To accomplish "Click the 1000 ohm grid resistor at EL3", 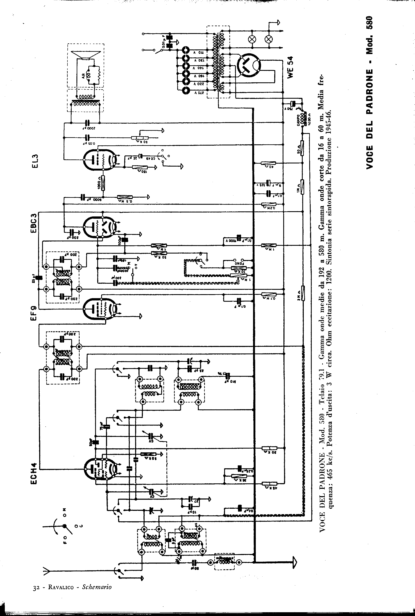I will click(x=103, y=183).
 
